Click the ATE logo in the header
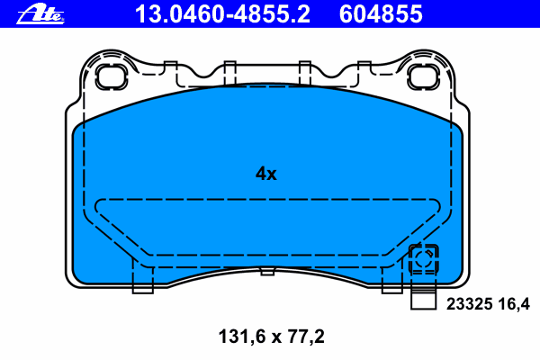click(40, 15)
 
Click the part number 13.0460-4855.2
click(223, 14)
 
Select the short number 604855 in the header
click(381, 14)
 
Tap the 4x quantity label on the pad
click(265, 174)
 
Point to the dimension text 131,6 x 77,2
click(272, 337)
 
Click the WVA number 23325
click(470, 304)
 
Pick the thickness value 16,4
click(514, 304)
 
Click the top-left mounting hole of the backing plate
click(112, 76)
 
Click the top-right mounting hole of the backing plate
click(423, 76)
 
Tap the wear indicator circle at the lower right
click(424, 258)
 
